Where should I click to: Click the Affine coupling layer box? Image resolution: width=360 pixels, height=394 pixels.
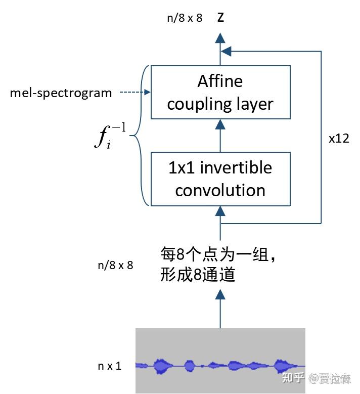tap(220, 92)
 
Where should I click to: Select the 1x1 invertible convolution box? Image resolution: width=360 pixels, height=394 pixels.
tap(220, 179)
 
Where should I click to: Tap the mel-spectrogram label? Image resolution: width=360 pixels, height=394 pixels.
tap(61, 93)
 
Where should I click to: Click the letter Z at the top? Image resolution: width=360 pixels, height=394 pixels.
tap(220, 18)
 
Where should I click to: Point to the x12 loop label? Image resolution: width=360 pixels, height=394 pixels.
tap(339, 138)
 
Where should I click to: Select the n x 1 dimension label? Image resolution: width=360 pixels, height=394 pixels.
tap(110, 366)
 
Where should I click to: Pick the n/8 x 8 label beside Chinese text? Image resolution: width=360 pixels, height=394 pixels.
tap(115, 265)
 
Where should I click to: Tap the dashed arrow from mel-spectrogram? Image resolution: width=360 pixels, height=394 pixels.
tap(134, 93)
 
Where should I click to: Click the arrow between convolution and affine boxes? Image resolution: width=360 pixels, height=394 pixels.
tap(220, 135)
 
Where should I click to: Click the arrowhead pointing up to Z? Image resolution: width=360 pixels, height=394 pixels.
tap(220, 37)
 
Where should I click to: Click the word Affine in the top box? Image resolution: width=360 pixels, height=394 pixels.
tap(220, 81)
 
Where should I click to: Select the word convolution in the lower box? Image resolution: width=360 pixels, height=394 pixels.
tap(220, 190)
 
